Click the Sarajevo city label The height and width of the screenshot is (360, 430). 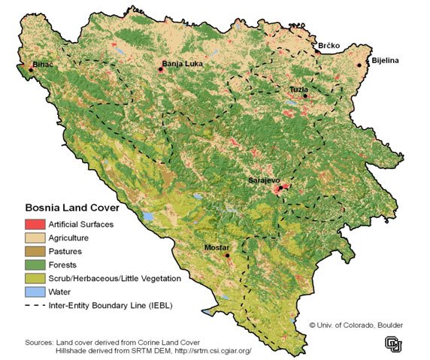pyautogui.click(x=264, y=181)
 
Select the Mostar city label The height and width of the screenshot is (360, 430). pyautogui.click(x=218, y=247)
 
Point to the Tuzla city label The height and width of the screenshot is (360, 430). pyautogui.click(x=299, y=89)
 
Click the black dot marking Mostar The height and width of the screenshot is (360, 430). pyautogui.click(x=227, y=256)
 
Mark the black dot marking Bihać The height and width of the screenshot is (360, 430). pyautogui.click(x=31, y=71)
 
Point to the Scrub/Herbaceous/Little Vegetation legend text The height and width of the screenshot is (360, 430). pyautogui.click(x=114, y=278)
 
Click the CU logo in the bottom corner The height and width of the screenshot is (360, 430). pyautogui.click(x=393, y=343)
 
